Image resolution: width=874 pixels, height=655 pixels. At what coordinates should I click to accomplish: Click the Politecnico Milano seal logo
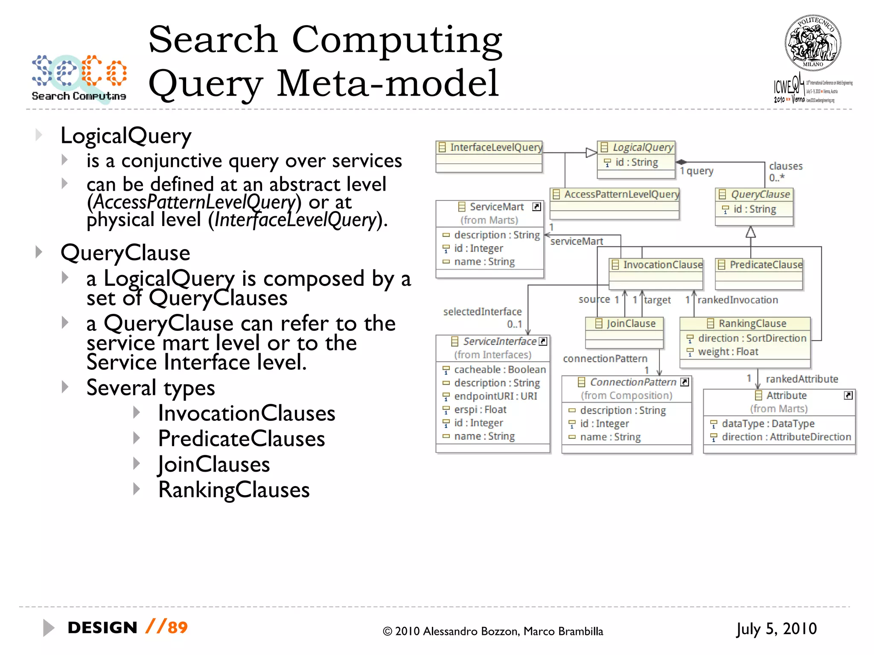[x=813, y=43]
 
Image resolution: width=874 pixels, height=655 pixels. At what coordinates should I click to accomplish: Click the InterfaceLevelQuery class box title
[x=495, y=148]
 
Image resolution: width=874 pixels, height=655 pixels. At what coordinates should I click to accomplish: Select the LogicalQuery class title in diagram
[x=642, y=148]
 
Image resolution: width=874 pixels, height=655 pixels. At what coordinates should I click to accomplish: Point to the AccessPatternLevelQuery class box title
[x=621, y=194]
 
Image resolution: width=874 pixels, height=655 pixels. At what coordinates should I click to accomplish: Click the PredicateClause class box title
[x=766, y=265]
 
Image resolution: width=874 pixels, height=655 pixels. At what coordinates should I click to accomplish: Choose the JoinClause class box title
[x=631, y=324]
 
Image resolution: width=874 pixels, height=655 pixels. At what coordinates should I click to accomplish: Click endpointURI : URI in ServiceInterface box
[x=495, y=396]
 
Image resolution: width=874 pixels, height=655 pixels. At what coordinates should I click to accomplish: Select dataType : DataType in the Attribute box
[x=768, y=423]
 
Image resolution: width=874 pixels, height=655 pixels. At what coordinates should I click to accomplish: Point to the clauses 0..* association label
[x=785, y=171]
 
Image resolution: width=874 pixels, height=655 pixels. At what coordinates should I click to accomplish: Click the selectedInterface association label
[x=482, y=312]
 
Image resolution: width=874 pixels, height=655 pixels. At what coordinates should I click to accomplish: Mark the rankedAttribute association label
[x=801, y=379]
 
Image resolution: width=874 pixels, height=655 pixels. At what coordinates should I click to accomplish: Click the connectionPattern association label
[x=605, y=359]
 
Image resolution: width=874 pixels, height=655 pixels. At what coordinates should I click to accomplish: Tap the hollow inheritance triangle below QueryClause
[x=751, y=232]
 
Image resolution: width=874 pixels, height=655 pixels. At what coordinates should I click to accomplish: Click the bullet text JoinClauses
[x=214, y=464]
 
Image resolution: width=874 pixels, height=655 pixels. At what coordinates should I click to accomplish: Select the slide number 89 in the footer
[x=178, y=628]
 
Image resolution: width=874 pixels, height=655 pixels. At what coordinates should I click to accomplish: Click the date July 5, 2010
[x=776, y=629]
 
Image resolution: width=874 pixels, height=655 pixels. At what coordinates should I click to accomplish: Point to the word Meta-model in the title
[x=387, y=84]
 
